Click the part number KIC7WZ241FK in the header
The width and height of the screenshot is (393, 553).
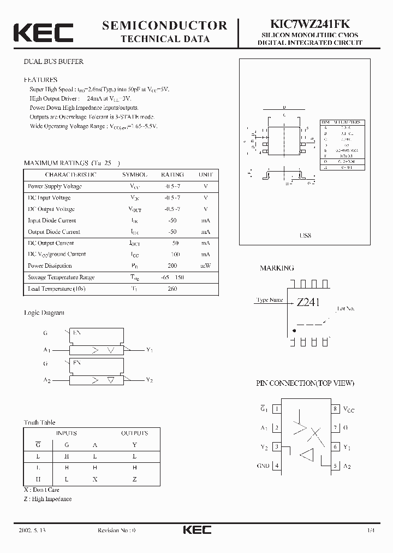click(308, 24)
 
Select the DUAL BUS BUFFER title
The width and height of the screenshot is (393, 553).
click(53, 62)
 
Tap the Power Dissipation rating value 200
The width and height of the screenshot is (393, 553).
click(172, 266)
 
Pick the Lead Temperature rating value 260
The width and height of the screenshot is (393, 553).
click(172, 289)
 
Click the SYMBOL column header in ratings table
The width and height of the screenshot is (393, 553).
click(135, 175)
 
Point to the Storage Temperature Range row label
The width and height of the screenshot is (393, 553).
click(61, 278)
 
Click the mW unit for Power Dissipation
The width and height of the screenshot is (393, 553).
click(205, 266)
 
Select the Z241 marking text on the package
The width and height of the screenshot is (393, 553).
click(308, 302)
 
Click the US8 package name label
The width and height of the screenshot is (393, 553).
click(305, 236)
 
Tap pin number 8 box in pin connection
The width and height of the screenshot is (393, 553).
click(335, 409)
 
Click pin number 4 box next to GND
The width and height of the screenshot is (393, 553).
click(277, 466)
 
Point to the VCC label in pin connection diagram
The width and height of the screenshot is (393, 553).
click(348, 409)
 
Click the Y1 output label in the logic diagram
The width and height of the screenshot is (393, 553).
click(150, 350)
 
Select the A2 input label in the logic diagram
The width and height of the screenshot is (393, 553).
click(47, 379)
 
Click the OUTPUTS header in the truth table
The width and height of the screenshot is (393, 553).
click(134, 433)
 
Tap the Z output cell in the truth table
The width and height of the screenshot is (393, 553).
click(134, 479)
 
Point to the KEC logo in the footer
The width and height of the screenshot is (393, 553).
click(196, 530)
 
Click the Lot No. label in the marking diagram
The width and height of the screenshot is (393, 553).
click(346, 309)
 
